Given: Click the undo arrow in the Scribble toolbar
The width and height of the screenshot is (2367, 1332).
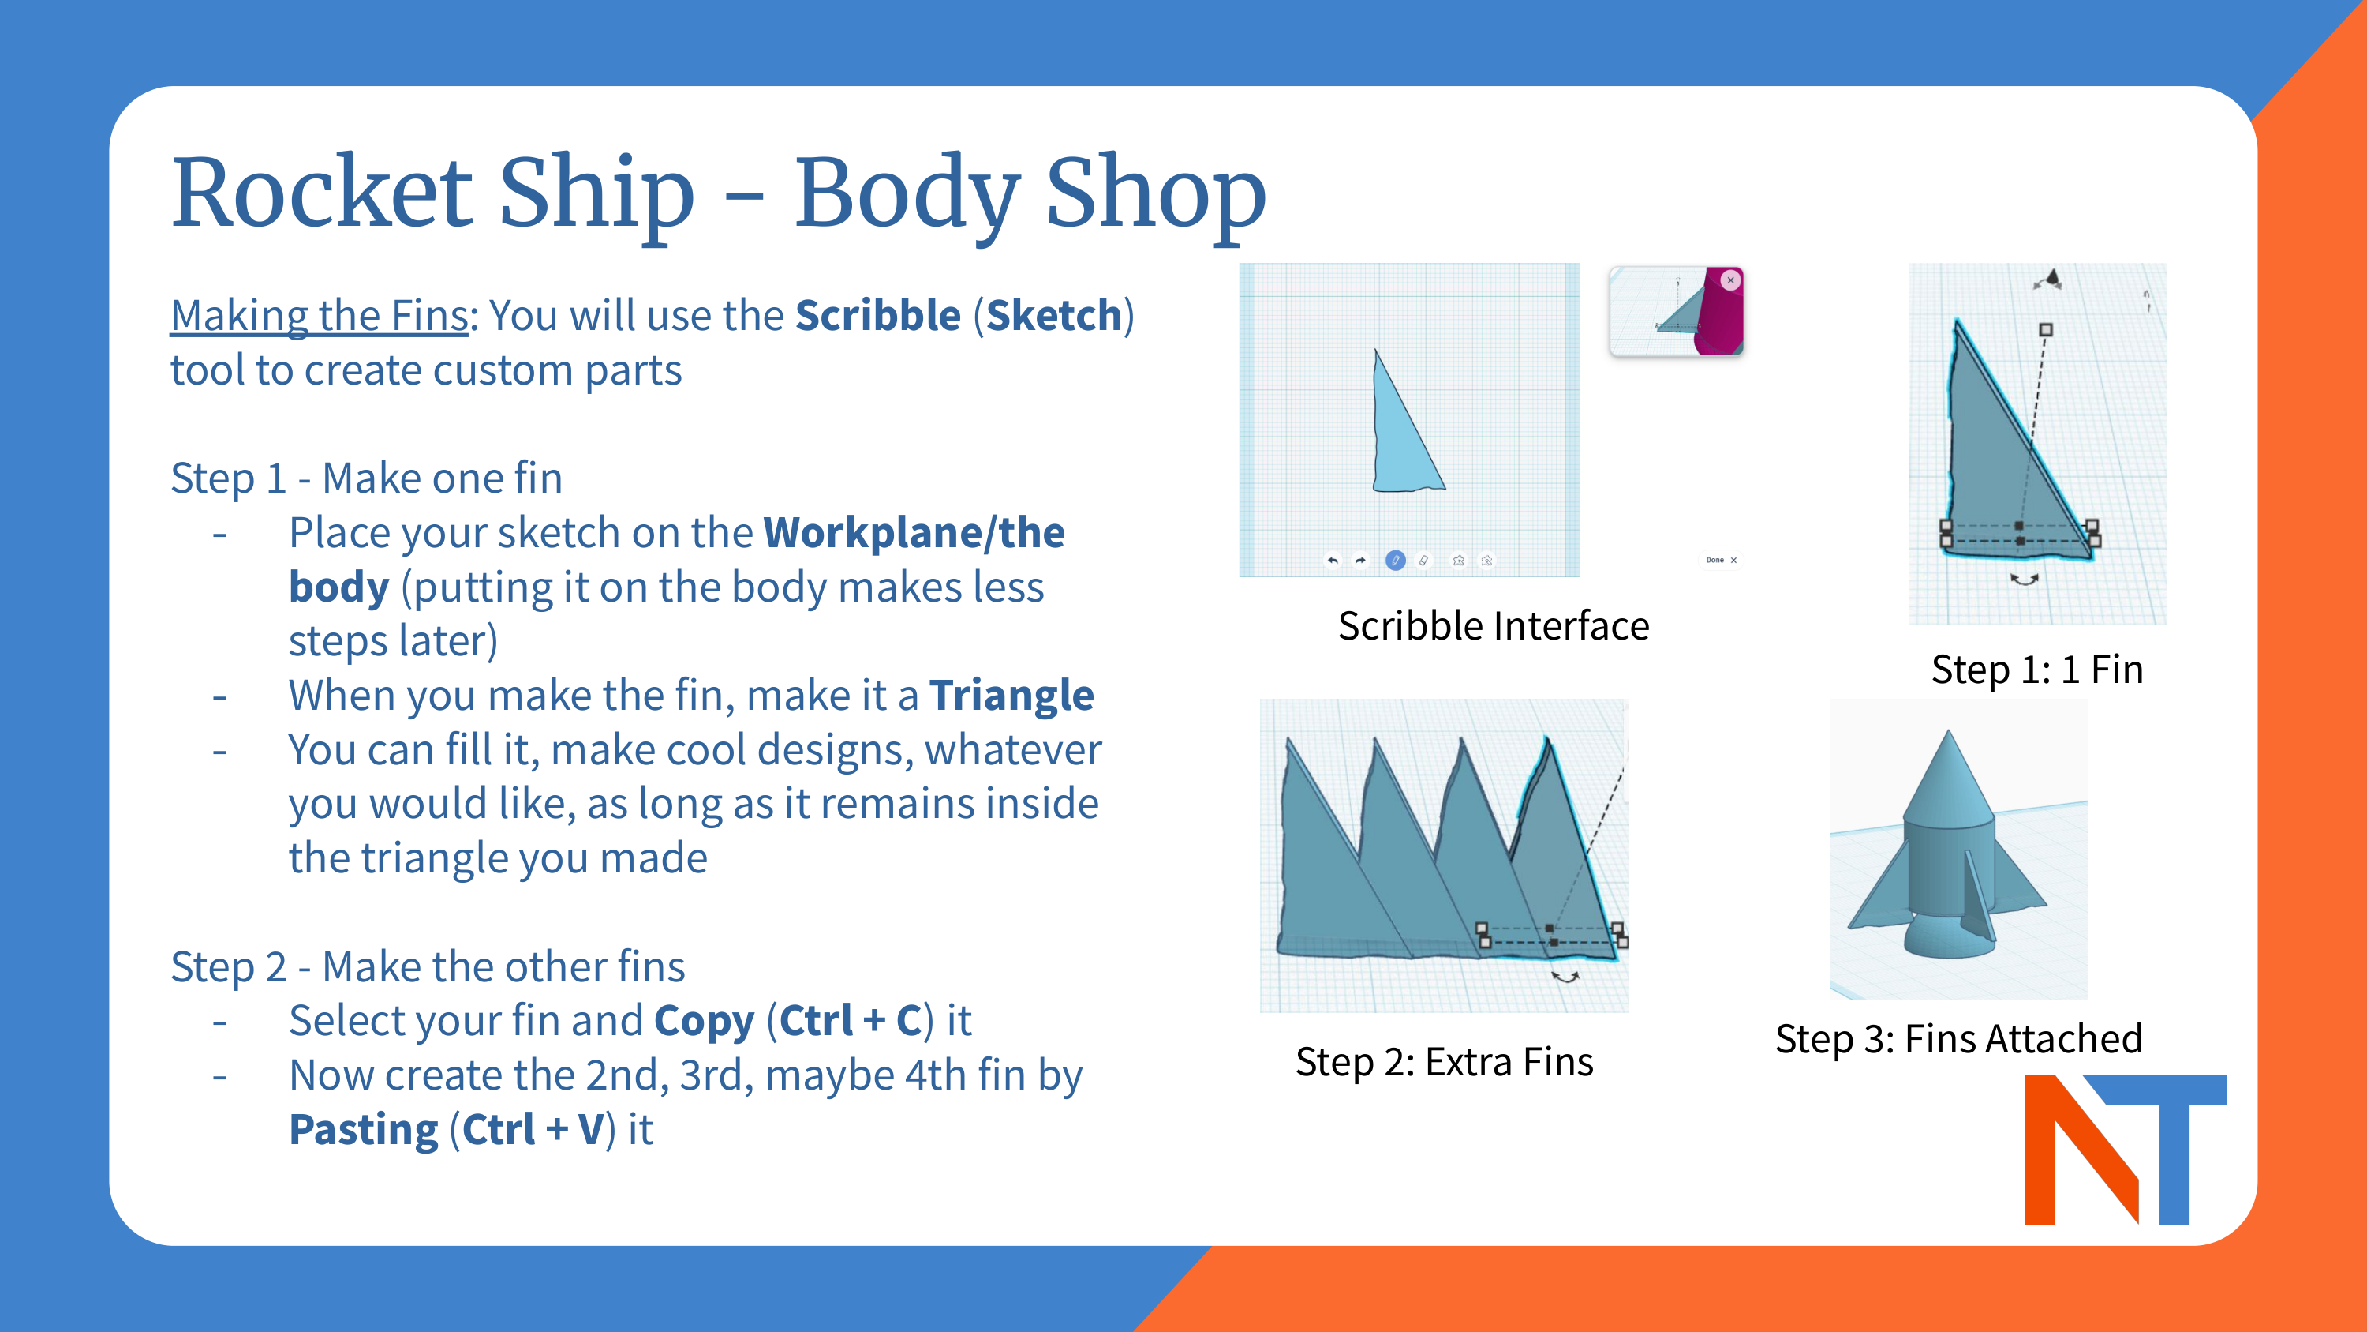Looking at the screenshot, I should [x=1333, y=560].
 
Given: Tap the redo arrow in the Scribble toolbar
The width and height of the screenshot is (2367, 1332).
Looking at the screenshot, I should [x=1361, y=560].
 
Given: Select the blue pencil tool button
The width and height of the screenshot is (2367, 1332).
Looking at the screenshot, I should [x=1395, y=560].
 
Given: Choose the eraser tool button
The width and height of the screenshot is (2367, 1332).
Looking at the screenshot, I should [x=1423, y=560].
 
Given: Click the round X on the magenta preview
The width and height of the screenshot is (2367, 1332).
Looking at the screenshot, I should [x=1730, y=280].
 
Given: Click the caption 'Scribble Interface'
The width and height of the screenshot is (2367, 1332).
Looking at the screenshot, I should [x=1493, y=626].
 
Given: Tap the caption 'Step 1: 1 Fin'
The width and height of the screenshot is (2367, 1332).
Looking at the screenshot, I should [x=2037, y=670].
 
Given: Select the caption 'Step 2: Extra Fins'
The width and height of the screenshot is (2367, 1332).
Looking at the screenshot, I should [x=1444, y=1062].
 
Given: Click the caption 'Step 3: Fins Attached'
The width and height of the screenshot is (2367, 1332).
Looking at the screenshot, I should [x=1958, y=1039].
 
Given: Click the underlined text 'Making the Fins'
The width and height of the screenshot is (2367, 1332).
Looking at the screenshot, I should [x=319, y=315].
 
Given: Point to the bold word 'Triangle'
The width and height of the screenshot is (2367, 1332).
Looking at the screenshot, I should [x=1011, y=696].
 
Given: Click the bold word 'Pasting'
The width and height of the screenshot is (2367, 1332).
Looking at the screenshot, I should [x=364, y=1130].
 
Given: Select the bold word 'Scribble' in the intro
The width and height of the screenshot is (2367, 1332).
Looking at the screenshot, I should [x=877, y=315].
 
